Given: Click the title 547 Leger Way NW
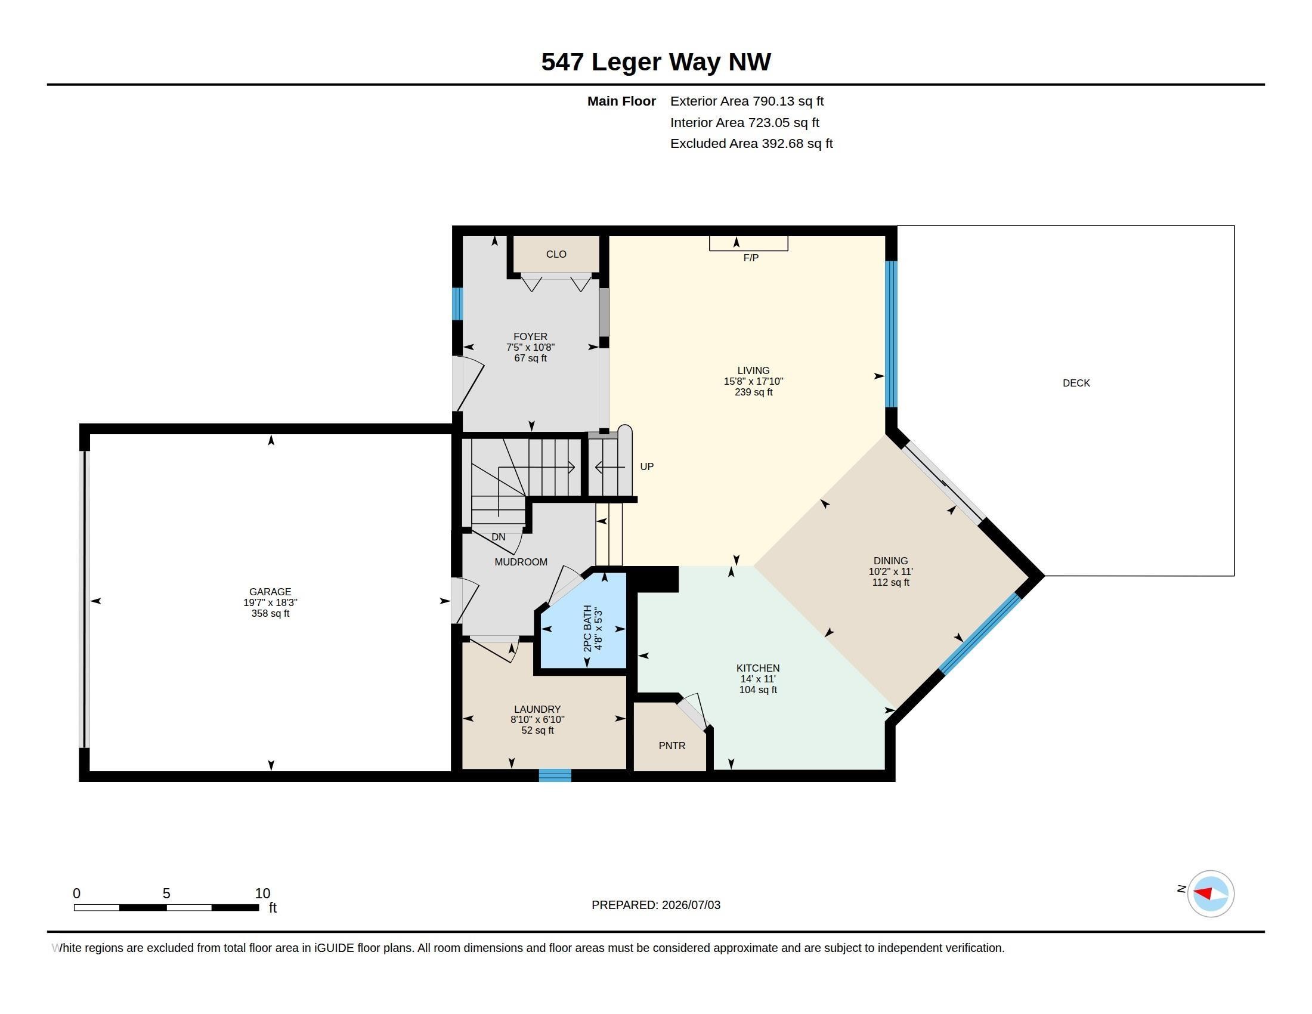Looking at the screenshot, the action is tap(655, 62).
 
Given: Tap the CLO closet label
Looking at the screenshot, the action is tap(556, 254).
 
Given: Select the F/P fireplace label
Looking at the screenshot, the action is tap(751, 258).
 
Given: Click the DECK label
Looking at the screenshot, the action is tap(1076, 383).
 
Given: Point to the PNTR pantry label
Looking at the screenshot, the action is tap(672, 746).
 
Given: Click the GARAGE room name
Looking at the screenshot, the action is tap(270, 592).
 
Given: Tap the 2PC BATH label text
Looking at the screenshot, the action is tap(587, 628).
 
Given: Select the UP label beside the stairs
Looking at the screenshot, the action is tap(646, 466).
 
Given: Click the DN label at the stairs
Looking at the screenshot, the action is tap(499, 537).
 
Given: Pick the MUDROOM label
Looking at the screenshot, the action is tap(521, 562).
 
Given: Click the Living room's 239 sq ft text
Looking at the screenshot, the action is tap(753, 392).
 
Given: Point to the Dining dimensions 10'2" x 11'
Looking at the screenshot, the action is tap(890, 572).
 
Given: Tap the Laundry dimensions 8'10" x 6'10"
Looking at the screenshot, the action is tap(537, 720).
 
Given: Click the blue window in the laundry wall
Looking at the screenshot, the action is tap(555, 775).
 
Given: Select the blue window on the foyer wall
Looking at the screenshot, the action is tap(457, 304).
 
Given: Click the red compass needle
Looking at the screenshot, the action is tap(1202, 893).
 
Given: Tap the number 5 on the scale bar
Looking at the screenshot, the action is tap(166, 894).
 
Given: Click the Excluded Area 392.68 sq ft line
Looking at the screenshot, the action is tap(751, 144).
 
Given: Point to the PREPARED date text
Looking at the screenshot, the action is tap(655, 905).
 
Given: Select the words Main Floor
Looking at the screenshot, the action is tap(621, 101).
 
